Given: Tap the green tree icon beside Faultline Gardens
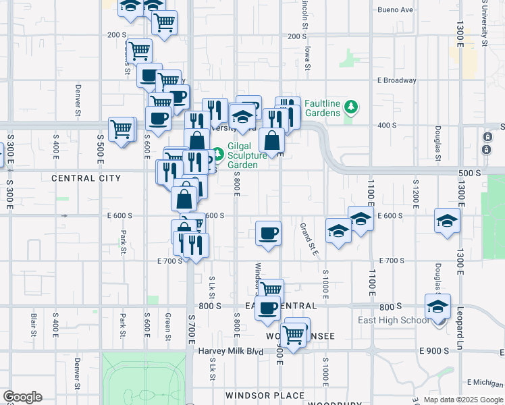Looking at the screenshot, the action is coord(350,107).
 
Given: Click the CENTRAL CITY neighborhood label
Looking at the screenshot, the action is coord(86,178).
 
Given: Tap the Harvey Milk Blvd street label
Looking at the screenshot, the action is coord(230,351).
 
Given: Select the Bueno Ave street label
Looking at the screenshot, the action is coord(395,10).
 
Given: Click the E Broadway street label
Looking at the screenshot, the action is coord(397,80).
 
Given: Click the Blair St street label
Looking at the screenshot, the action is coord(34,324).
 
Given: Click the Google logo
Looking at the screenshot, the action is coord(22,397).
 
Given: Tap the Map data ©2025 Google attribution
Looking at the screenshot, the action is coord(462,400).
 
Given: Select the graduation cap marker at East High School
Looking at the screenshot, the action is coord(437,306).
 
